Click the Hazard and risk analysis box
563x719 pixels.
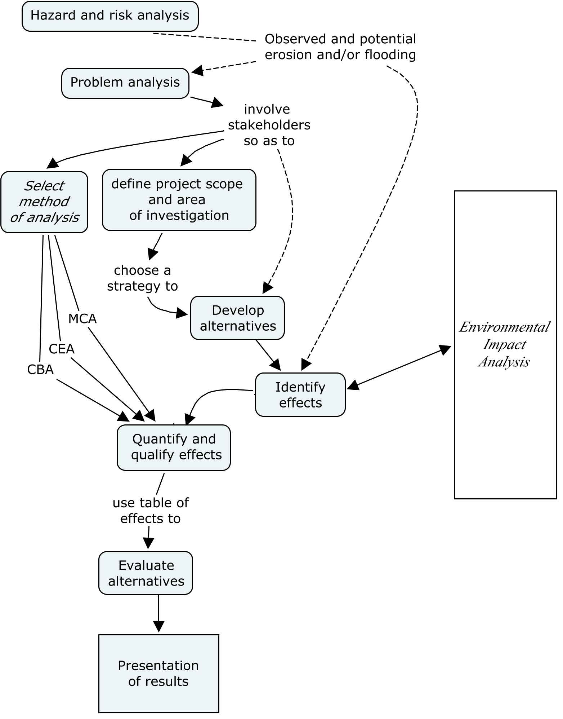click(x=110, y=16)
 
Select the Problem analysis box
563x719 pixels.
click(x=125, y=83)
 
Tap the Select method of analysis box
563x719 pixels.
click(x=44, y=202)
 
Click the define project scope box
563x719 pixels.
click(x=179, y=199)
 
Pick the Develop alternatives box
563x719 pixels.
click(x=237, y=318)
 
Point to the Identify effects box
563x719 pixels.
click(x=300, y=394)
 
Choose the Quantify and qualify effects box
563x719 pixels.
click(x=174, y=447)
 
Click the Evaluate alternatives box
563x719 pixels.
click(x=146, y=573)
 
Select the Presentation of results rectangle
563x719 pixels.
click(x=158, y=673)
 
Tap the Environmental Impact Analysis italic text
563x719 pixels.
click(x=504, y=344)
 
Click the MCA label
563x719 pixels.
click(x=82, y=319)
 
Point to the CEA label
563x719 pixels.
click(x=62, y=349)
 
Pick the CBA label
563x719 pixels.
click(x=40, y=370)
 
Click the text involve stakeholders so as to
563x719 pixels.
click(x=269, y=125)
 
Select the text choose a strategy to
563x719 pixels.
click(x=142, y=278)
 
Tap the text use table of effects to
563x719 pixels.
click(x=151, y=511)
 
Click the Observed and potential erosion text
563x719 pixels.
click(x=340, y=47)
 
